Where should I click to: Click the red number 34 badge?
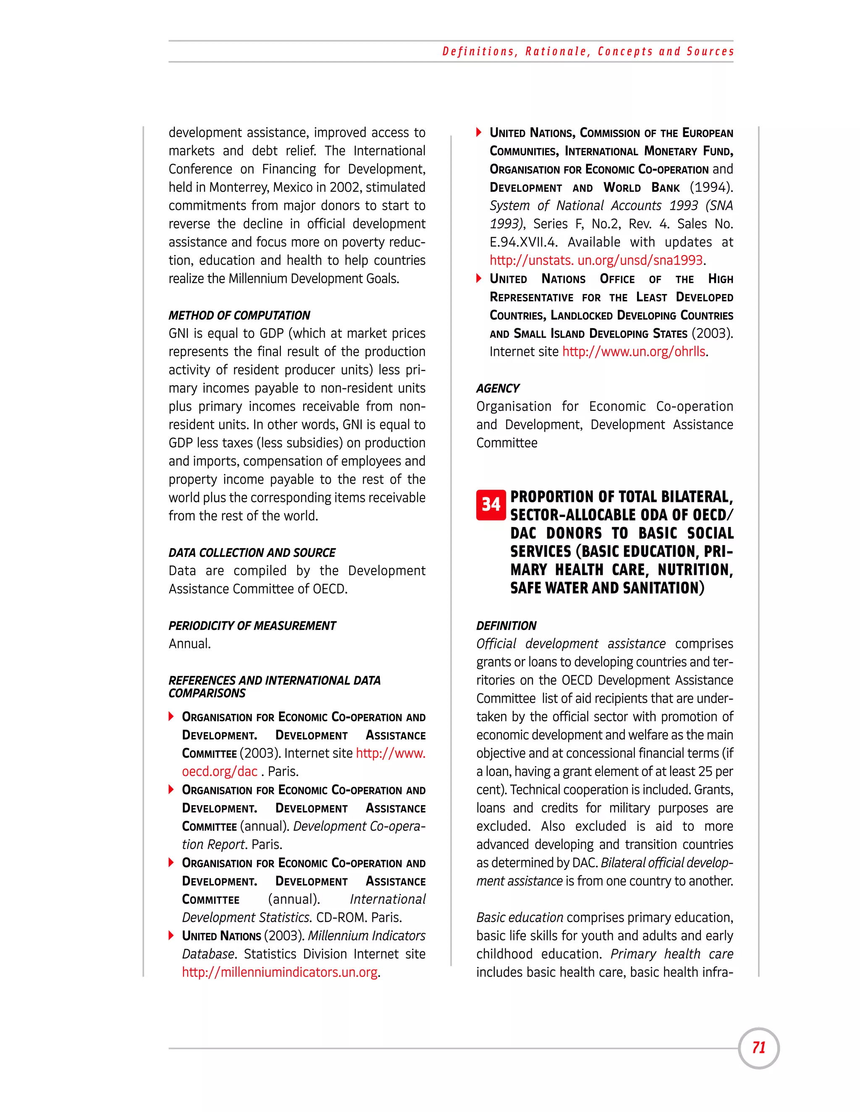[x=490, y=504]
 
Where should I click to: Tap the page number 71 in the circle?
[x=759, y=1047]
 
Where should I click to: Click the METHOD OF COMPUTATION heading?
[x=239, y=315]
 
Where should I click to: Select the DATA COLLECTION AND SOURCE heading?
[x=252, y=553]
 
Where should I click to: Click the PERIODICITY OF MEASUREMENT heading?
[x=252, y=625]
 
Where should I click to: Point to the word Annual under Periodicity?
[x=189, y=644]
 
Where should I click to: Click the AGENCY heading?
[x=498, y=388]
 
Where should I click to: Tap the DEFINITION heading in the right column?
[x=506, y=625]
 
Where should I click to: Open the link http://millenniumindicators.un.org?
[x=280, y=972]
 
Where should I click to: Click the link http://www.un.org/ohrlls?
[x=634, y=352]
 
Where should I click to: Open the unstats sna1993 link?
[x=596, y=261]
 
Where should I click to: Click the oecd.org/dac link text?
[x=220, y=771]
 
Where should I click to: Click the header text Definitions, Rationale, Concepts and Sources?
[x=588, y=52]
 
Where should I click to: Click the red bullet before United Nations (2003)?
[x=171, y=935]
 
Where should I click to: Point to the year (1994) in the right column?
[x=711, y=188]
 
